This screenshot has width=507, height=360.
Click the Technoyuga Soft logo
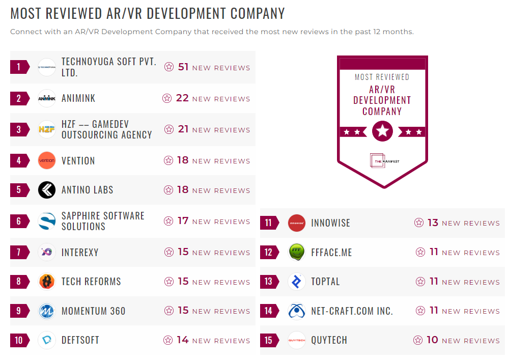pyautogui.click(x=47, y=67)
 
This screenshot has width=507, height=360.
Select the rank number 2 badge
pyautogui.click(x=19, y=98)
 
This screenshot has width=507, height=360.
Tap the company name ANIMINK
pyautogui.click(x=78, y=98)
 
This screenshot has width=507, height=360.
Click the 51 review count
pyautogui.click(x=183, y=67)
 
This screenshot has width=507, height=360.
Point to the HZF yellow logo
pyautogui.click(x=47, y=129)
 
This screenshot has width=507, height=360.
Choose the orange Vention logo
pyautogui.click(x=47, y=160)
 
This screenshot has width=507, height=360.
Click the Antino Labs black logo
pyautogui.click(x=47, y=190)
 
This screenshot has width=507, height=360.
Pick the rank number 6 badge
pyautogui.click(x=19, y=221)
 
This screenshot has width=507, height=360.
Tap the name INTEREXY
pyautogui.click(x=80, y=252)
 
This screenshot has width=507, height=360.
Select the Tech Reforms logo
pyautogui.click(x=47, y=282)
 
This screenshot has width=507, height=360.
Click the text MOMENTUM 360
pyautogui.click(x=93, y=311)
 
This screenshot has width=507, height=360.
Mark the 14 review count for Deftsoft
pyautogui.click(x=183, y=340)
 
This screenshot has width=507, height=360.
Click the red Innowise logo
pyautogui.click(x=297, y=223)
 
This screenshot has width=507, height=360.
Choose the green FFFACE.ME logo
pyautogui.click(x=297, y=252)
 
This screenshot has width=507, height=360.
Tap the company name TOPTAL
pyautogui.click(x=325, y=282)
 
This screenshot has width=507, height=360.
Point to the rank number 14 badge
pyautogui.click(x=269, y=311)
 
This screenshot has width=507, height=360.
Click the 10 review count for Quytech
pyautogui.click(x=432, y=340)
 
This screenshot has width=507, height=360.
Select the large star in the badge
pyautogui.click(x=382, y=131)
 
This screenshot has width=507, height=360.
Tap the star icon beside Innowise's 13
pyautogui.click(x=419, y=223)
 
